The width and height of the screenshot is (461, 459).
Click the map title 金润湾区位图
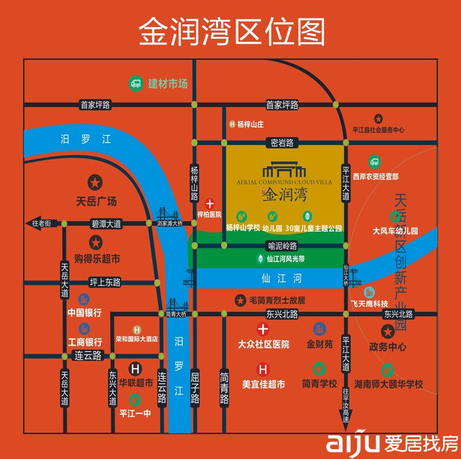pos(231,32)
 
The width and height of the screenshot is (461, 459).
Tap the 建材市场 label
pos(168,84)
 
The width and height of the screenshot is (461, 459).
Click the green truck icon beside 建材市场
pos(136,83)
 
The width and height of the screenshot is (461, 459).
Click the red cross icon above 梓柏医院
pos(210,203)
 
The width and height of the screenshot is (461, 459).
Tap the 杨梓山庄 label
pos(250,124)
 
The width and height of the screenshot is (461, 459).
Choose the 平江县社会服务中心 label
pos(379,130)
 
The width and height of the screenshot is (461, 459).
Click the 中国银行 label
pos(85,313)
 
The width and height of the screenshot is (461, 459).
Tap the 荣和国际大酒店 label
pos(137,339)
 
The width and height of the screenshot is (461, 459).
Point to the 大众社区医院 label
pos(263,344)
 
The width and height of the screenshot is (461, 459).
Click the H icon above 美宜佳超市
pos(263,369)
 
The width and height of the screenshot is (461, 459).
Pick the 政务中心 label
pos(388,347)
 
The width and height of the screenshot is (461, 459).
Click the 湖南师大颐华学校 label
pos(388,384)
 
